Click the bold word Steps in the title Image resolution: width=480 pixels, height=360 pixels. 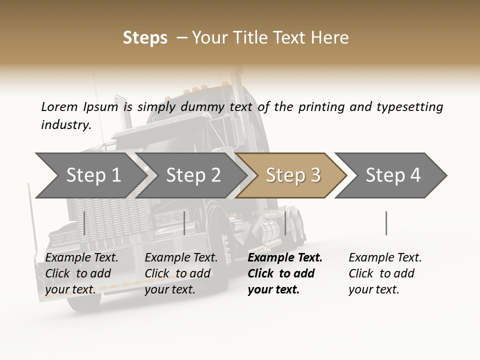[145, 38]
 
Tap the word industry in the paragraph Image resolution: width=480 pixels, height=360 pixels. [66, 125]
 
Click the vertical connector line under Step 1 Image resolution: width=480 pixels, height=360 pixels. [84, 223]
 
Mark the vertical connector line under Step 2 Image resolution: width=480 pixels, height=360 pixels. [184, 223]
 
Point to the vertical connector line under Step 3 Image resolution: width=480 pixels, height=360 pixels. [285, 223]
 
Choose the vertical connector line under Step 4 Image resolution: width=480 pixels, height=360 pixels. [386, 223]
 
